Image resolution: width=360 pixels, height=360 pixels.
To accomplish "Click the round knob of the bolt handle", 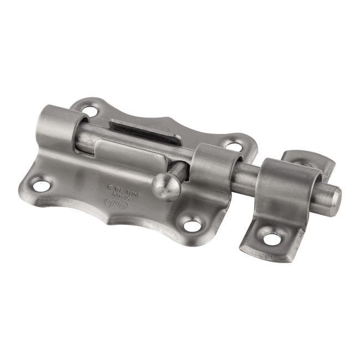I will (x=166, y=187).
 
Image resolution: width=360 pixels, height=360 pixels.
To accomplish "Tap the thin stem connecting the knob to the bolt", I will (x=178, y=171).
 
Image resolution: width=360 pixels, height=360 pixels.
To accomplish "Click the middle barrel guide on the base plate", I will (x=215, y=169).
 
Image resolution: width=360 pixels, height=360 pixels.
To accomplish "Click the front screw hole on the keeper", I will (x=271, y=239).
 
